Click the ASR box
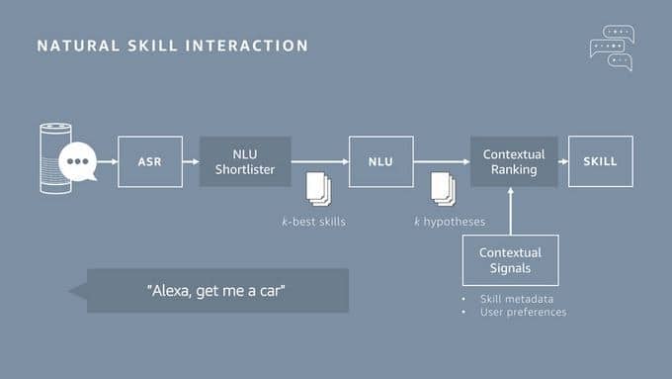[149, 161]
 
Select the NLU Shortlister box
[245, 161]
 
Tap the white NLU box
[380, 161]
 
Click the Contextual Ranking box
[513, 161]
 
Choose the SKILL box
[600, 161]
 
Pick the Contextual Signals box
[510, 259]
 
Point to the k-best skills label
[313, 222]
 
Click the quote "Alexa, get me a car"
[216, 290]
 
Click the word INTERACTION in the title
[258, 46]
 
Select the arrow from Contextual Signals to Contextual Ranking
[512, 211]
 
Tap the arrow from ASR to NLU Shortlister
[191, 161]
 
